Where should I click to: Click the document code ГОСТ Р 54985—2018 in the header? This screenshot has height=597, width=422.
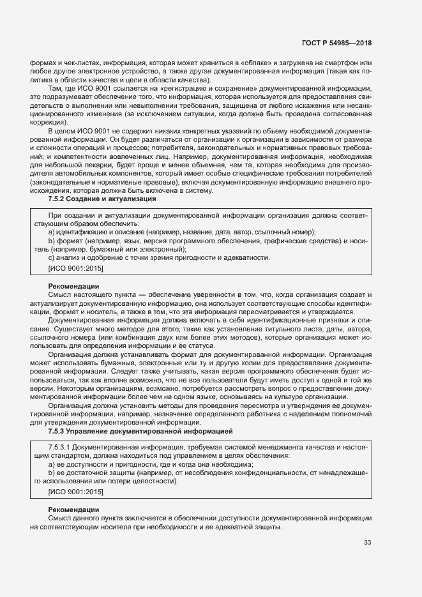(x=336, y=43)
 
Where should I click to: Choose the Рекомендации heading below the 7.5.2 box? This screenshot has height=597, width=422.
(x=73, y=285)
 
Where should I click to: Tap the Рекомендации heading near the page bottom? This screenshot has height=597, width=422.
(x=73, y=509)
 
